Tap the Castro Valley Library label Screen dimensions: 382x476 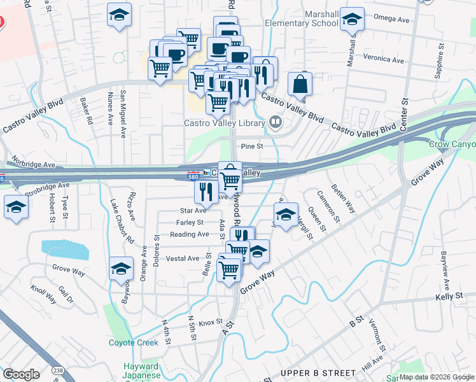click(225, 123)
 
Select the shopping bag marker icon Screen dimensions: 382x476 click(300, 85)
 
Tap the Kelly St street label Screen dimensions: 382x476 click(449, 297)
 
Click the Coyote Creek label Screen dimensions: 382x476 click(134, 343)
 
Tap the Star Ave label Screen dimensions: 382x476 click(193, 210)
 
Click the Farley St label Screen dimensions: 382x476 click(190, 222)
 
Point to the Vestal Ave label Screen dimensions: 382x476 click(183, 258)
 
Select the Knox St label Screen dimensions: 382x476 click(210, 322)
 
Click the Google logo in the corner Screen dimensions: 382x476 click(21, 374)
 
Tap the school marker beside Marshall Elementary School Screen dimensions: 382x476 click(351, 20)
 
